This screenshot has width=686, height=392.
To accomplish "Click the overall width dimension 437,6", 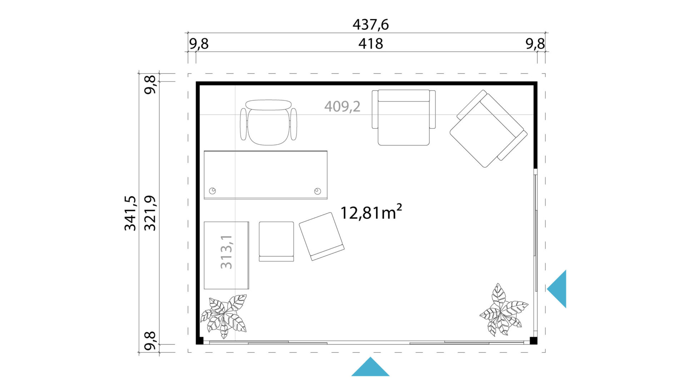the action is (371, 25).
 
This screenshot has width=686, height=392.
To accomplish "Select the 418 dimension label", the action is (371, 44).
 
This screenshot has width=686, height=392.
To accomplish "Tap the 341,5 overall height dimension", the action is (130, 213).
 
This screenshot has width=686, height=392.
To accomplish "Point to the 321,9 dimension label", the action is (150, 213).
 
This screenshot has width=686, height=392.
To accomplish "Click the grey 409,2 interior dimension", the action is (342, 106).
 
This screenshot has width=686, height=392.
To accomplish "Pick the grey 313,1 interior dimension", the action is (227, 252).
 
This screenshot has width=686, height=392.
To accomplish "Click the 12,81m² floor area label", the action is (371, 212).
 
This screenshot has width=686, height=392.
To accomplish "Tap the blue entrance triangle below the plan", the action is (370, 367).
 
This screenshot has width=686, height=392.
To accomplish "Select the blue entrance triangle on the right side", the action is (557, 289).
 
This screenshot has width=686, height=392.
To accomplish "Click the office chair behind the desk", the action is (268, 122).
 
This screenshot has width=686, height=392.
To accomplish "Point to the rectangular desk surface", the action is (265, 175).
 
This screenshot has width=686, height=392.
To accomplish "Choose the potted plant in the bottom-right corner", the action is (503, 310).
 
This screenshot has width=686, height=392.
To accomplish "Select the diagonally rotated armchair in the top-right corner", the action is (488, 129).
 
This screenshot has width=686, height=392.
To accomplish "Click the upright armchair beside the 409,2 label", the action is (404, 117).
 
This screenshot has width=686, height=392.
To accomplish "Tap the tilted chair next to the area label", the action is (322, 236).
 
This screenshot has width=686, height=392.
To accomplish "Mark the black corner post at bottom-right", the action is (533, 340).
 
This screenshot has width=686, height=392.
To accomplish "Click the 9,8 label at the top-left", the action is (199, 44).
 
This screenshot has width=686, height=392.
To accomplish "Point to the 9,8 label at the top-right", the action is (535, 44).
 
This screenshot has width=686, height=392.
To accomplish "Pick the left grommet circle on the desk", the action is (213, 191).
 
